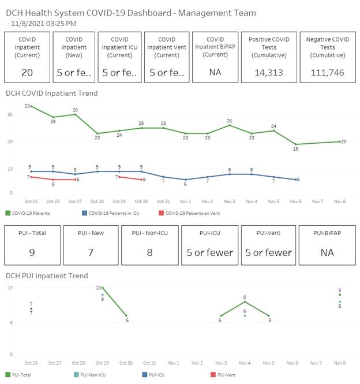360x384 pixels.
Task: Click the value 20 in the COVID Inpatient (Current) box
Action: pos(27,72)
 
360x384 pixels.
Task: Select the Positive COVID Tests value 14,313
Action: pos(268,72)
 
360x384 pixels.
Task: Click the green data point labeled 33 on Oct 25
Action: pos(31,106)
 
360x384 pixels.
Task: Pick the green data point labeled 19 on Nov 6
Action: pos(296,144)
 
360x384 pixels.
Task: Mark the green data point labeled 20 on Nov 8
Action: pos(340,141)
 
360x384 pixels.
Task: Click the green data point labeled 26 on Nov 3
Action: pos(230,125)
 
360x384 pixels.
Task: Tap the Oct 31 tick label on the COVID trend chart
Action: pos(163,201)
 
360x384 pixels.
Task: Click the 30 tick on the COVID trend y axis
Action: pos(10,114)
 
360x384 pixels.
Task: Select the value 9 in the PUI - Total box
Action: pos(32,252)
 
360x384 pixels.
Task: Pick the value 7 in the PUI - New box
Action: pos(91,252)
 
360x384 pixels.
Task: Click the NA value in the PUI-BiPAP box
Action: pos(326,252)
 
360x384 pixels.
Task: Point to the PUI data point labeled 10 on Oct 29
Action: pos(103,287)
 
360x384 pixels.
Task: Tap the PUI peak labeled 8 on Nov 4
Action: pos(245,301)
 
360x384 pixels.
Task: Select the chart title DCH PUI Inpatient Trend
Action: pos(47,275)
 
